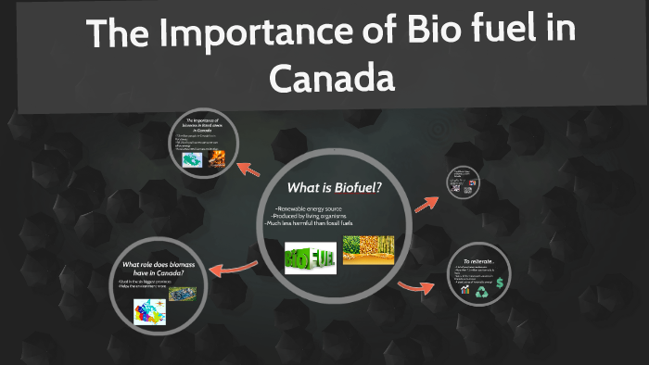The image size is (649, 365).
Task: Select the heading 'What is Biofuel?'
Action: coord(335,188)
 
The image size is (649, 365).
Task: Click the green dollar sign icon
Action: coord(499,283)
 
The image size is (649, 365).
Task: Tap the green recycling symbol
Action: coord(482,292)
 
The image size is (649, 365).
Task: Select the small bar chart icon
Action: coord(465,291)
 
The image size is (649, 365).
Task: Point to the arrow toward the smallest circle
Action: coord(427,201)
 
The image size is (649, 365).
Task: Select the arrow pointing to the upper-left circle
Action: coord(249,168)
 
